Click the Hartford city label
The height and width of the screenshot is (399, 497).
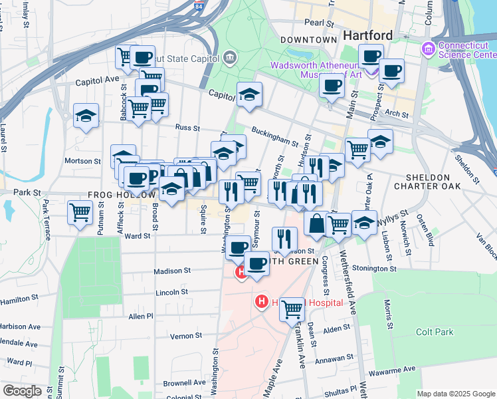click(367, 35)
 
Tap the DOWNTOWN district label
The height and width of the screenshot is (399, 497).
click(308, 40)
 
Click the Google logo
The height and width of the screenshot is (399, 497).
click(22, 391)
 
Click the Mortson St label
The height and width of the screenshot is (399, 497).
click(82, 161)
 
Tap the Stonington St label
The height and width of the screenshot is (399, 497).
click(375, 268)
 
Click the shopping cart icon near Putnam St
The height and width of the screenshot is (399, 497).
click(80, 213)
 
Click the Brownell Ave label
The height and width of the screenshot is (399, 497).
click(185, 382)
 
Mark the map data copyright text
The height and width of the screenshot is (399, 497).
click(455, 394)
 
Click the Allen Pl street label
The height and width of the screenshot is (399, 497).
click(141, 316)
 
